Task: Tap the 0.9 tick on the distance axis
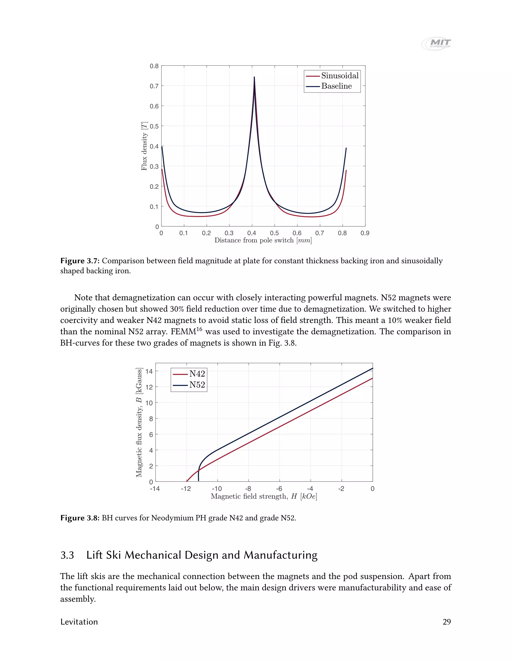pyautogui.click(x=365, y=233)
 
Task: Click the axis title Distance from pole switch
pyautogui.click(x=263, y=240)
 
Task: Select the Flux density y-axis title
pyautogui.click(x=144, y=146)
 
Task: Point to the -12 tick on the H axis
pyautogui.click(x=186, y=489)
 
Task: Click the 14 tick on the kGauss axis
pyautogui.click(x=149, y=371)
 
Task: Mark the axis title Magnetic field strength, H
pyautogui.click(x=263, y=496)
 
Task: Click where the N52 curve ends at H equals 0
pyautogui.click(x=372, y=368)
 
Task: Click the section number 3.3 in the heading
pyautogui.click(x=67, y=555)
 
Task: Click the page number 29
pyautogui.click(x=446, y=622)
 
